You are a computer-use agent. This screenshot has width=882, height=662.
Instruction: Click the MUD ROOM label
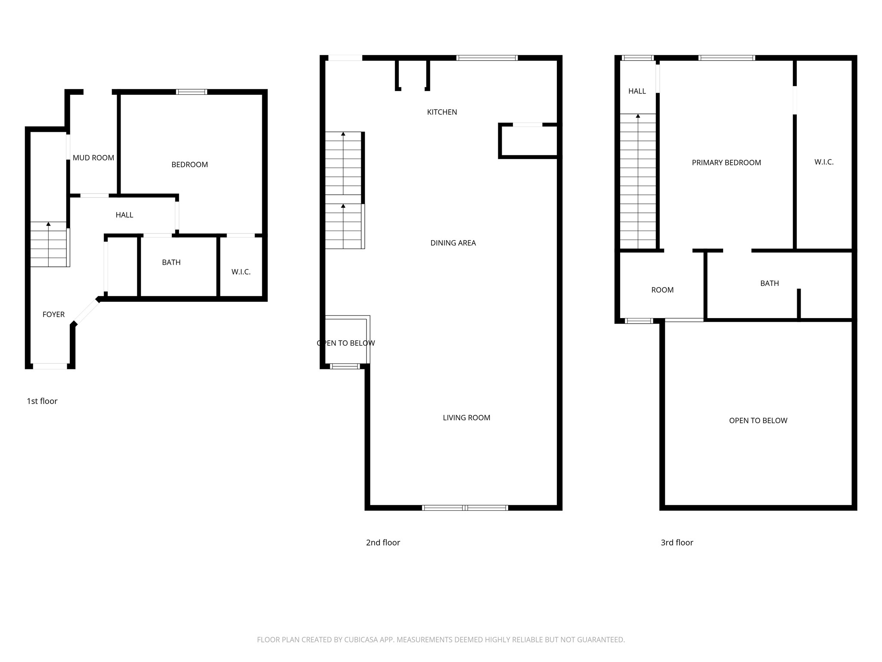(x=93, y=158)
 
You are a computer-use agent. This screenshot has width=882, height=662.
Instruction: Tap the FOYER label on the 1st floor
(x=53, y=315)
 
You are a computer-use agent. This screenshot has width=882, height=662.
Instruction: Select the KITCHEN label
(x=442, y=112)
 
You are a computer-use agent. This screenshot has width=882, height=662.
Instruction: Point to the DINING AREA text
(x=453, y=243)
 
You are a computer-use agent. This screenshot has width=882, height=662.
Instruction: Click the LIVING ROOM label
(x=466, y=418)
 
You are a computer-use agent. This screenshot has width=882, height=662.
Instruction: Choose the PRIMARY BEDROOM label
(x=726, y=162)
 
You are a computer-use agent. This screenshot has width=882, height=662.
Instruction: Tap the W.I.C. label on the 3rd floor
(x=824, y=162)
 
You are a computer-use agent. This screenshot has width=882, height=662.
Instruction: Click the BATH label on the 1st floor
(x=171, y=262)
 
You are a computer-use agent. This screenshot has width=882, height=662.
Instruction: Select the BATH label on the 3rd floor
(x=769, y=283)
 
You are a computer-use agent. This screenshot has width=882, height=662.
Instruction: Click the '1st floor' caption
(x=42, y=401)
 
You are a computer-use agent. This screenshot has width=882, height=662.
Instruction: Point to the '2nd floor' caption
(x=383, y=543)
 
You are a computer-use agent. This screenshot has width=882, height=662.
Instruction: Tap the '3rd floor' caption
(x=677, y=543)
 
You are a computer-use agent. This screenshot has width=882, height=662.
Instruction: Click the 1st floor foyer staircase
(x=49, y=244)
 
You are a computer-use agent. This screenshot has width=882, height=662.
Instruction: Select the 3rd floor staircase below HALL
(x=638, y=181)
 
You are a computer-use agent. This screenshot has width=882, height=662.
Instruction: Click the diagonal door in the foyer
(x=86, y=311)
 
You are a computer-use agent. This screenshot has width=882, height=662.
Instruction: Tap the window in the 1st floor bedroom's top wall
(x=192, y=92)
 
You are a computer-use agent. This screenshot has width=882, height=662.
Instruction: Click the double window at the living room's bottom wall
(x=465, y=508)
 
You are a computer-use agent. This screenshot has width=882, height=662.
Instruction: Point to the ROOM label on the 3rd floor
(x=662, y=290)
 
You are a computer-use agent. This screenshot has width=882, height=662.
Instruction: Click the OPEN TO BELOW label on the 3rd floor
(x=758, y=421)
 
